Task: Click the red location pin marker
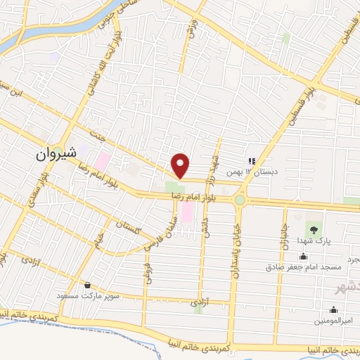[181, 165]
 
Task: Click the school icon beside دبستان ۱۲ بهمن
[252, 161]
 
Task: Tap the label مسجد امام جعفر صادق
[303, 267]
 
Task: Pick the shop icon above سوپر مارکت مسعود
[88, 285]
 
